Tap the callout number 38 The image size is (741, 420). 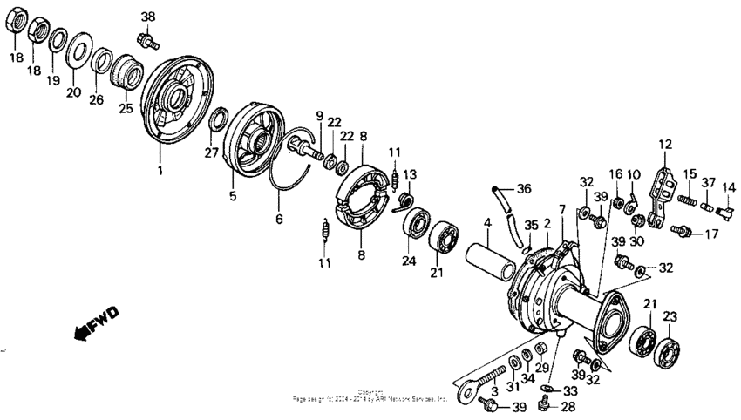click(148, 17)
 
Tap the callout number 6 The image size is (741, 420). click(279, 219)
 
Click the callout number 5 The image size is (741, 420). click(233, 197)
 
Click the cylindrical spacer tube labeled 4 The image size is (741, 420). click(493, 257)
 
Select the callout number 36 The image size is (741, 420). click(523, 188)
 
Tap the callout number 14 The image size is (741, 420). click(729, 186)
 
